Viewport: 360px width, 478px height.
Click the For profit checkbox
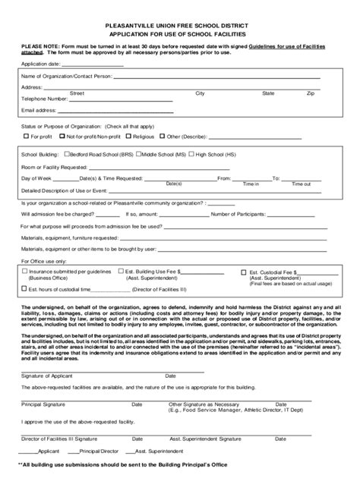tap(25, 137)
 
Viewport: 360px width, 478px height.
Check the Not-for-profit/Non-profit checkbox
tap(62, 137)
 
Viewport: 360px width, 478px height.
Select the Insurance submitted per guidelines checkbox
tap(25, 270)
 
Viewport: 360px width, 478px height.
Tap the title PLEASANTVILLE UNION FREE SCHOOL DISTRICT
tap(180, 25)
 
